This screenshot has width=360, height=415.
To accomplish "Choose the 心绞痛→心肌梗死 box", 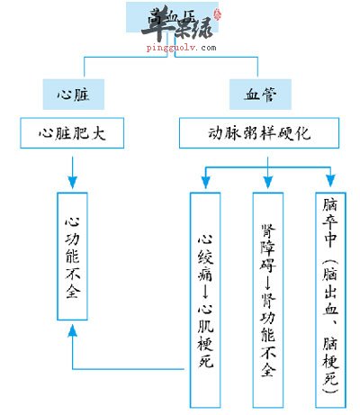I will [x=203, y=297].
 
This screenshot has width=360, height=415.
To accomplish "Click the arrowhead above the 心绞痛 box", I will [x=204, y=183].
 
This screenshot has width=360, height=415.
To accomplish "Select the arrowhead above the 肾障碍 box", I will [x=267, y=183].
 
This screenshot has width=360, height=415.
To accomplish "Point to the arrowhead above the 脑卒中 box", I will [x=329, y=183].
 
